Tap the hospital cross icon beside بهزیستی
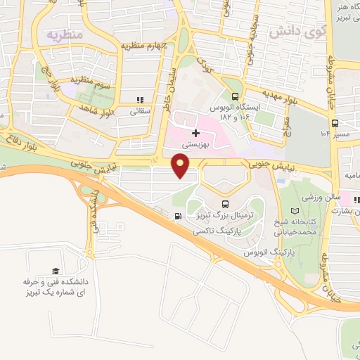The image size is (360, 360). click(195, 133)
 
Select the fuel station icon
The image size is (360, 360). click(178, 216)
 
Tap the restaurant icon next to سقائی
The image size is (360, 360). click(140, 101)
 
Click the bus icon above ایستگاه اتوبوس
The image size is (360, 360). click(235, 97)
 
